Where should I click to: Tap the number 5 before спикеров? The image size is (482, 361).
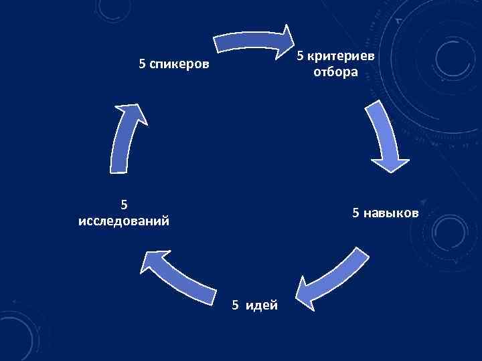142,65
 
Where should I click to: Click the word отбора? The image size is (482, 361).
335,72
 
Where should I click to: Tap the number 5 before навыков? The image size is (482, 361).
356,213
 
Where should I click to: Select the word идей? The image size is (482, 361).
264,305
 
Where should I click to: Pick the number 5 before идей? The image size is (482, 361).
235,305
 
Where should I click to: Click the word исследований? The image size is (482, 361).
123,221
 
